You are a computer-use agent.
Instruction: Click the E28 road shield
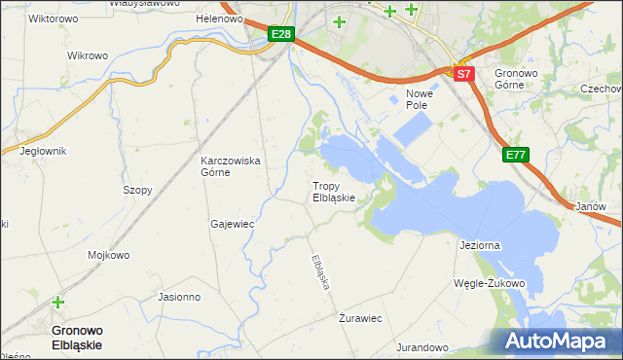(x=281, y=34)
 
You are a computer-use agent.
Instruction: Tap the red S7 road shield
(x=463, y=73)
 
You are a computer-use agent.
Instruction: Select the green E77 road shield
(x=516, y=154)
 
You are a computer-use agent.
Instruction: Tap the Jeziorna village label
(x=479, y=245)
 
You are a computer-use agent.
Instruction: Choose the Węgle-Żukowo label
(x=490, y=284)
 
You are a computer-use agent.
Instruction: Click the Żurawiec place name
(x=359, y=318)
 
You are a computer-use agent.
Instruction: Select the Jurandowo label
(x=422, y=347)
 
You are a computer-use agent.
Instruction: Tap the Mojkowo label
(x=109, y=256)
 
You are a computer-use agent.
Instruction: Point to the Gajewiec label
(x=232, y=224)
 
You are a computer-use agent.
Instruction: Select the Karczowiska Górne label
(x=230, y=166)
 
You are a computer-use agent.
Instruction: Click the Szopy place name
(x=137, y=190)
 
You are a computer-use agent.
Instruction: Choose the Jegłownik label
(x=42, y=151)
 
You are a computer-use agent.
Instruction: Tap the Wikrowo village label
(x=87, y=55)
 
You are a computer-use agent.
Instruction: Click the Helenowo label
(x=218, y=18)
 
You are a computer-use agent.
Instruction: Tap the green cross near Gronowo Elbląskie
(x=58, y=303)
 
